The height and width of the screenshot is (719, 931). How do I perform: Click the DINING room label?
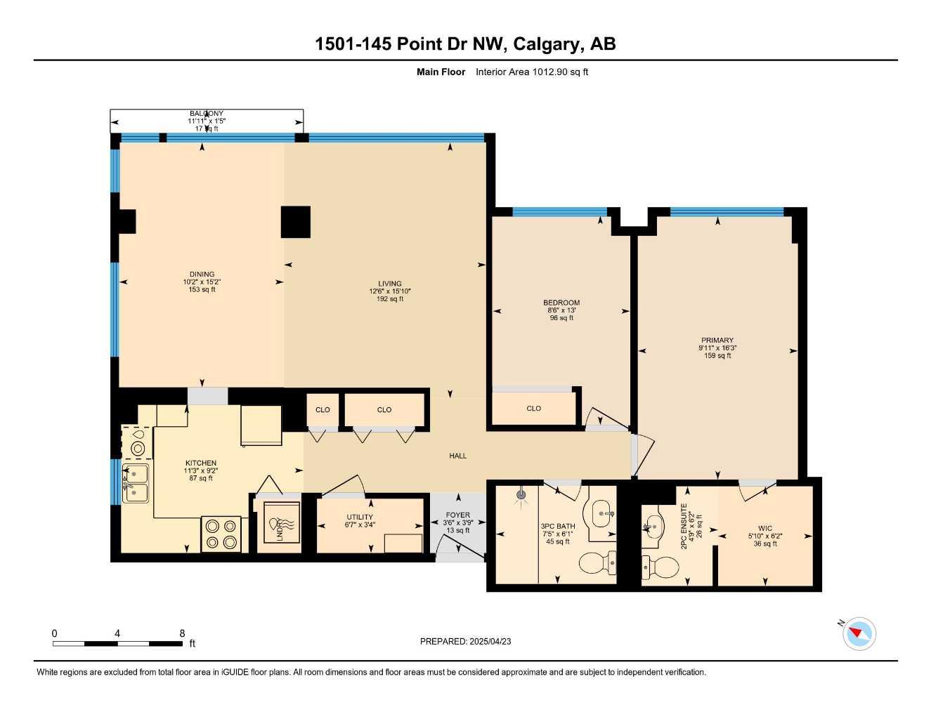coord(202,275)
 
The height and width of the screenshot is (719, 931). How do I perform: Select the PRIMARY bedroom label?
coord(717,341)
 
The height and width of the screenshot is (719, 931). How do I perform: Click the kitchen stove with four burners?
coord(221,534)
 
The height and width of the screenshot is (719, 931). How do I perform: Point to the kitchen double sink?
coord(136,483)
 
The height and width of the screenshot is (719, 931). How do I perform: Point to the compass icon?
coord(859,634)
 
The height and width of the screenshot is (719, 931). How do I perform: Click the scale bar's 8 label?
coord(182,633)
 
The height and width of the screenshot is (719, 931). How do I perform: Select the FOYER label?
coord(458,515)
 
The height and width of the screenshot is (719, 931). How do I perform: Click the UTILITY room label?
coord(359,517)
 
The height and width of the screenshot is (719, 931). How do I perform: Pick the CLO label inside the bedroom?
coord(533,408)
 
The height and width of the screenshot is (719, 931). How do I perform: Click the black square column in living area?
coord(296,222)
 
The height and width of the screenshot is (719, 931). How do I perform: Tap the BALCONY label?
coord(207,114)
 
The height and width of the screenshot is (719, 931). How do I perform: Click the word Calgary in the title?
coord(546,44)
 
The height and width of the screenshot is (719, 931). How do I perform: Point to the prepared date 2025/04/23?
coord(490,641)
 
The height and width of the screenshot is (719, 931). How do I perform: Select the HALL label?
coord(458,456)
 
